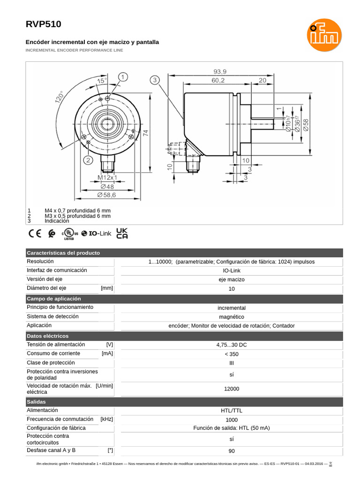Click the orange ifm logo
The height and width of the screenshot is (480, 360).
pos(324,35)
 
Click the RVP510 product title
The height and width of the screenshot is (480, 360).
pos(43,24)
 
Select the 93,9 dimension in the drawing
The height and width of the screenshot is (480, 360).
pos(220,72)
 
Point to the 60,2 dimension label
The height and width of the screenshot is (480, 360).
pos(217,80)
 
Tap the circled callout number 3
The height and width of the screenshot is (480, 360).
pos(155,80)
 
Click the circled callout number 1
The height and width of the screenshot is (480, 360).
pos(123,77)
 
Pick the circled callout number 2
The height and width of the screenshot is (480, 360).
pos(88,160)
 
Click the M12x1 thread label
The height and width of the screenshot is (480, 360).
pos(108,178)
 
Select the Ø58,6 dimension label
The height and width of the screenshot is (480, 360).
pos(106,194)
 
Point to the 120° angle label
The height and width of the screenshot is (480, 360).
pos(60,97)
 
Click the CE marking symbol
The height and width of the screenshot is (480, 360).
pos(35,233)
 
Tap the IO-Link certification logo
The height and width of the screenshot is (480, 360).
pos(97,233)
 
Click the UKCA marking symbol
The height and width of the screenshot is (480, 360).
pos(122,233)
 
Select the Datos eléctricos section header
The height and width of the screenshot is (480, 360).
pos(48,336)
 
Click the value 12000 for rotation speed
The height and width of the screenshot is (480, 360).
pos(232,389)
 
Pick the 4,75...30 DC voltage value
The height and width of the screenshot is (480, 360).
pos(232,345)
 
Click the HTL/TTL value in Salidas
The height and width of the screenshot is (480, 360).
pos(232,411)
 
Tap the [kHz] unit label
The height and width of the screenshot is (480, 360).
pos(107,419)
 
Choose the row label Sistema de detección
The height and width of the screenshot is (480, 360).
pos(52,316)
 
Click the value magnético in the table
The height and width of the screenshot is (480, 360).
pos(232,317)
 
